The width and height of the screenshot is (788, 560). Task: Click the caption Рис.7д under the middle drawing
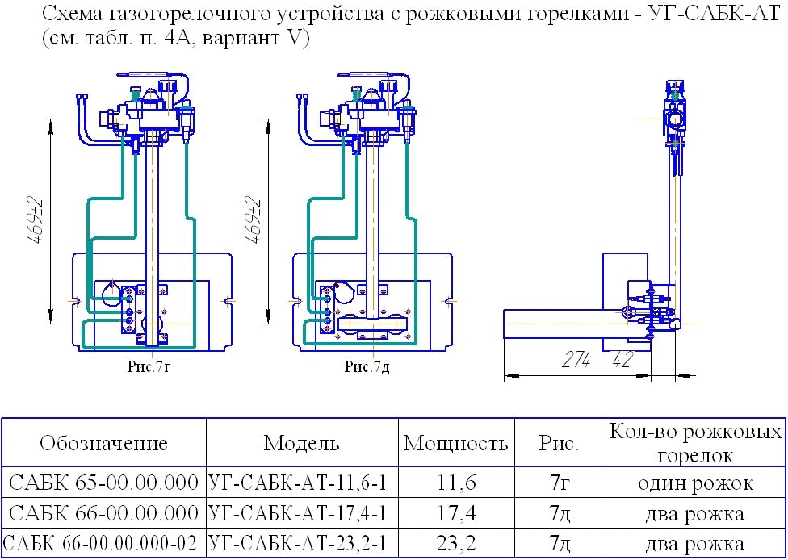click(367, 366)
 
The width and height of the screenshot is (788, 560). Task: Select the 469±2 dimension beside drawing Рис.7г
click(36, 221)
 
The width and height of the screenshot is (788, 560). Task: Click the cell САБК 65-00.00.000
click(104, 483)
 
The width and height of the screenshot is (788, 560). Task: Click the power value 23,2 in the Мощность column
click(456, 543)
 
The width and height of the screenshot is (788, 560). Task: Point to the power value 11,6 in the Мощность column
click(456, 483)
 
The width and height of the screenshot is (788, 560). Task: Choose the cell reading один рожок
click(695, 483)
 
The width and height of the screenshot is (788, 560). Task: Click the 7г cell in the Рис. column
click(559, 483)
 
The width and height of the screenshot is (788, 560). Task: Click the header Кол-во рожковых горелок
click(695, 443)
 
